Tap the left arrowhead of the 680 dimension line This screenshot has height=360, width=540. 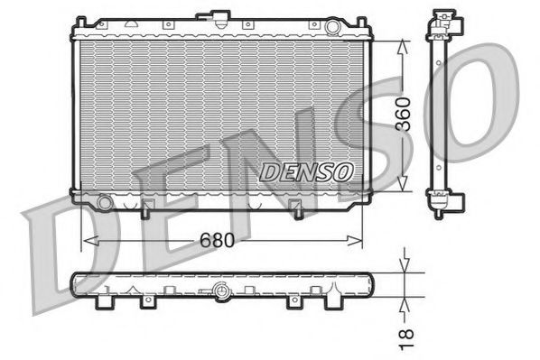coord(88,241)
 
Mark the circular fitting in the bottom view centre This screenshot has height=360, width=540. coord(222,291)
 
